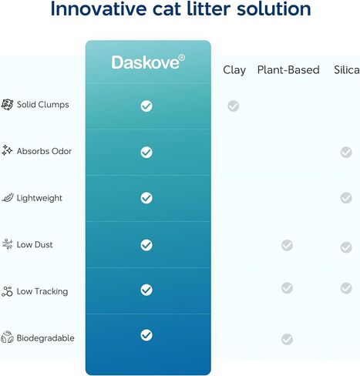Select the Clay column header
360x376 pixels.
click(234, 70)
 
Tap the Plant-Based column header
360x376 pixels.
click(288, 70)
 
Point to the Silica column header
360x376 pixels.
click(347, 70)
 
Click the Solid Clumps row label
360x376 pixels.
click(43, 105)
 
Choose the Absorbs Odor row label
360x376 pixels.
click(44, 151)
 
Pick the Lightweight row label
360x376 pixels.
click(39, 198)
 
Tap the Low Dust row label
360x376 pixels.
click(35, 244)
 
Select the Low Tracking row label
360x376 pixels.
click(42, 291)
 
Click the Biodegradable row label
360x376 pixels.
click(45, 338)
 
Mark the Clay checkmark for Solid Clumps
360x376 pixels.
click(234, 106)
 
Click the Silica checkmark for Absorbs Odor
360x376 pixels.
click(346, 153)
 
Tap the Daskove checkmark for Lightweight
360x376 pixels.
click(146, 198)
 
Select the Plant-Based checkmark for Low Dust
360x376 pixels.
click(287, 245)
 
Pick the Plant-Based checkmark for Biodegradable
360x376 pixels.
click(287, 340)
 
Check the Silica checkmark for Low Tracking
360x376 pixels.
click(346, 288)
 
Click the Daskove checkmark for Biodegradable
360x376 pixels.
click(146, 335)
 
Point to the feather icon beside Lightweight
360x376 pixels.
click(8, 197)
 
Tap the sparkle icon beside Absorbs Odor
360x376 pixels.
click(7, 150)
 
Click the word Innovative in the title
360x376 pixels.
click(99, 9)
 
